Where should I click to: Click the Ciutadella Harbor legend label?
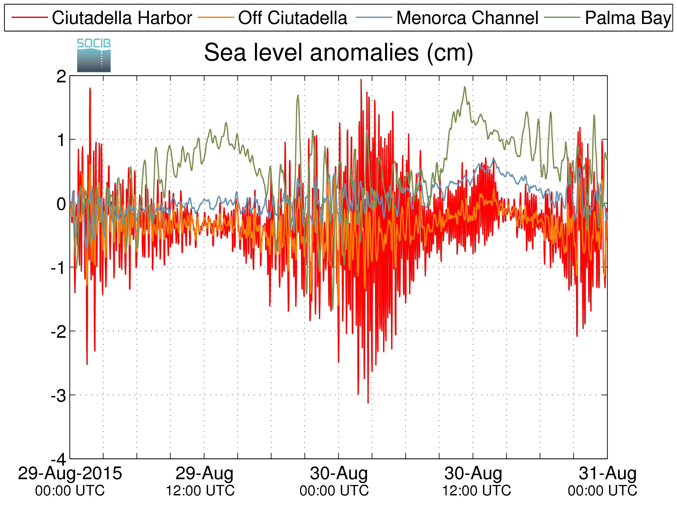click(x=122, y=18)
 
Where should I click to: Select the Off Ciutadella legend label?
click(x=293, y=18)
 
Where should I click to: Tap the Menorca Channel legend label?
click(x=467, y=18)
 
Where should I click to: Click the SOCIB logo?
click(x=94, y=55)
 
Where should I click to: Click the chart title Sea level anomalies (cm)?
click(x=338, y=53)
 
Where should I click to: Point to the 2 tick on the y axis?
click(x=61, y=76)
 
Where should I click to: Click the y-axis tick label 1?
click(x=62, y=140)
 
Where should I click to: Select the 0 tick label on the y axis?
click(x=61, y=204)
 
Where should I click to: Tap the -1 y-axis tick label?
click(x=58, y=268)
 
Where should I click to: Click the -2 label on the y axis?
click(x=58, y=332)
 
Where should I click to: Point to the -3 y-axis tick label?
click(x=58, y=396)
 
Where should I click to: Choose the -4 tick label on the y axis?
click(x=58, y=460)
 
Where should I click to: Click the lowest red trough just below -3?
click(x=368, y=403)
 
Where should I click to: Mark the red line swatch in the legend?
click(x=30, y=17)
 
